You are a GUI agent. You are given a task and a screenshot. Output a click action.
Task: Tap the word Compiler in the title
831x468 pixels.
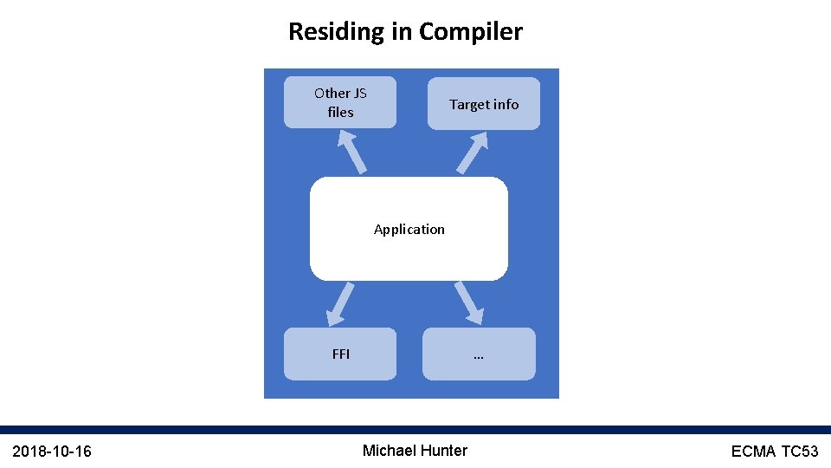point(471,32)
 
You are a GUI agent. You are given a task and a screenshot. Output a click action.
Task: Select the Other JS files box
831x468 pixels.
point(340,102)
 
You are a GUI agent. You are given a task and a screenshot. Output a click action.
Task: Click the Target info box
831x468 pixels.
point(483,104)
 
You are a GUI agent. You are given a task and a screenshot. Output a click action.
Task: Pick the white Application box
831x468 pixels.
point(409,229)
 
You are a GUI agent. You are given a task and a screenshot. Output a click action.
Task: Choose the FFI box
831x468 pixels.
point(340,354)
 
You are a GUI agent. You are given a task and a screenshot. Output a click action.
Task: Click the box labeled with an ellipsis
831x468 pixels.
point(479,354)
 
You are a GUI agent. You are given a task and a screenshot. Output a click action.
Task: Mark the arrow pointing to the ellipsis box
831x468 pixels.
point(468,302)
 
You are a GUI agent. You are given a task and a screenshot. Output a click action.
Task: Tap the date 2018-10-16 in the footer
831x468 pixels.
point(52,451)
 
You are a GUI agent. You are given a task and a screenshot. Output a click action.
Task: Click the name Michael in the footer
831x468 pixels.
point(389,450)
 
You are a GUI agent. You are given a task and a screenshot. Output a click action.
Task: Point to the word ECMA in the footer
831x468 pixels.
point(753,451)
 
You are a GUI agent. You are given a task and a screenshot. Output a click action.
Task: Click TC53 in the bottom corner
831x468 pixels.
point(800,451)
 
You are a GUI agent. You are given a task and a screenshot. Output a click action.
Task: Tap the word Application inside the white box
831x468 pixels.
point(409,229)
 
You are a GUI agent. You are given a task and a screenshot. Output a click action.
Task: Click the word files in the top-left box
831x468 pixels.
point(340,112)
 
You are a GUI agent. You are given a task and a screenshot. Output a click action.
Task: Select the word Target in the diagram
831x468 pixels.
point(469,104)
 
